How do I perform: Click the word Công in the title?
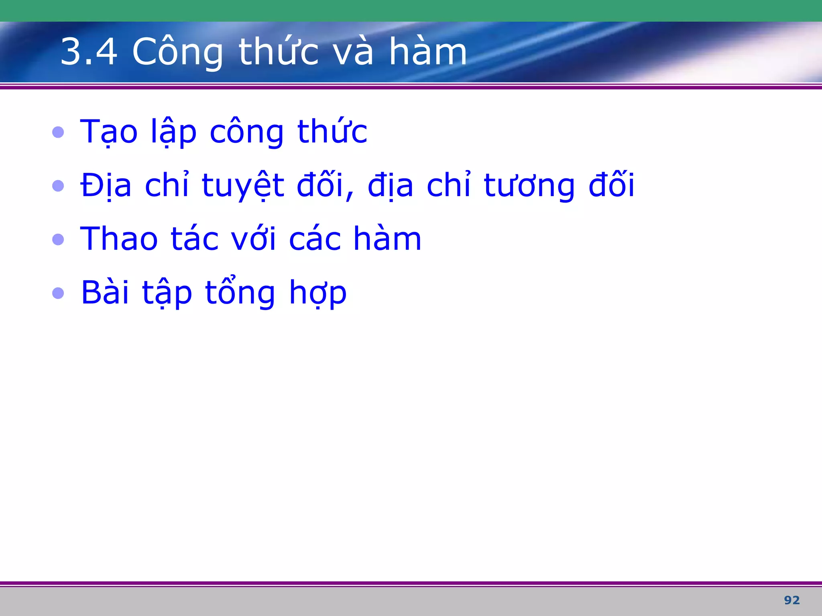click(177, 52)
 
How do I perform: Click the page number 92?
click(791, 600)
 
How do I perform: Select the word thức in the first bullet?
click(332, 132)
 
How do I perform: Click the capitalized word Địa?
click(106, 186)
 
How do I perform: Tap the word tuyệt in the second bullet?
click(243, 186)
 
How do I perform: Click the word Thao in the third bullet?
click(119, 239)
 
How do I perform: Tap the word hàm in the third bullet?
click(387, 239)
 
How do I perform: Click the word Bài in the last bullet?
click(105, 292)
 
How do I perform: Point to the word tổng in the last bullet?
click(240, 292)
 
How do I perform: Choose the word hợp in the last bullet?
click(317, 293)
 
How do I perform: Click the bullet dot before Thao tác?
click(58, 239)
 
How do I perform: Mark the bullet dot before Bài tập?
click(58, 293)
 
